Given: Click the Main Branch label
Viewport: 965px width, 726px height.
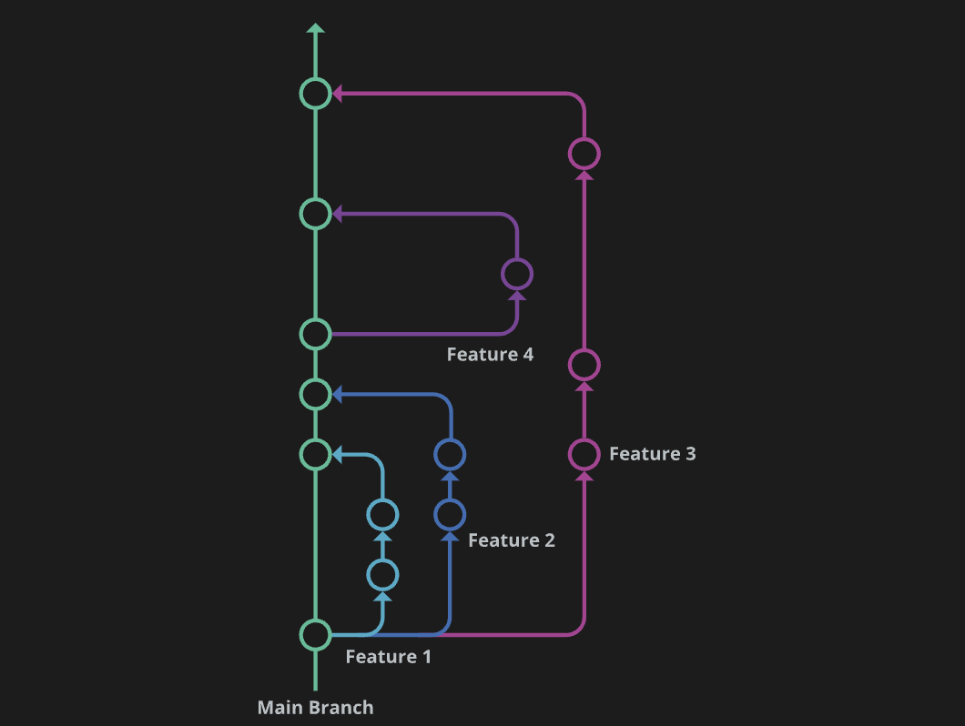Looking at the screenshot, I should pos(315,707).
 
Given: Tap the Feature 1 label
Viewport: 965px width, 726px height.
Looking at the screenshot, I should pos(388,656).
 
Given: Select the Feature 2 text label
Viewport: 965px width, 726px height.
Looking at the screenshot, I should pos(511,540).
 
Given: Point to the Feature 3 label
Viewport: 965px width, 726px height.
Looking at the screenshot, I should pos(652,453).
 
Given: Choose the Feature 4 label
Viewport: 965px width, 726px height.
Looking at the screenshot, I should pos(490,354).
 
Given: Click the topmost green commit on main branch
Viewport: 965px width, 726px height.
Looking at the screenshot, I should pos(315,93).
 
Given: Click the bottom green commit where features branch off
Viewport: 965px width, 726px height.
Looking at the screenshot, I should pos(315,634).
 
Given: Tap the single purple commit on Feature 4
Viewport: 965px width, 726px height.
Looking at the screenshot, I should pos(517,274).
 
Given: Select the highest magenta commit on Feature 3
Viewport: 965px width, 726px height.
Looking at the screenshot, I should pos(584,154).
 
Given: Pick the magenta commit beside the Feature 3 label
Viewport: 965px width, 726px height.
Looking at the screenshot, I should pos(584,453).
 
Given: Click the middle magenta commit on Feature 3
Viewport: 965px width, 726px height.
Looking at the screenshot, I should pos(584,365).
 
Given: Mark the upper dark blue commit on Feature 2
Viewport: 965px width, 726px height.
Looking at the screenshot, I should pos(450,454).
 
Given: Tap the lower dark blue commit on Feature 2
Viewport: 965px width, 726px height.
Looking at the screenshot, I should pos(450,515).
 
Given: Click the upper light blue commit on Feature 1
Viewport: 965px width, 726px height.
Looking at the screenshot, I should pos(382,515).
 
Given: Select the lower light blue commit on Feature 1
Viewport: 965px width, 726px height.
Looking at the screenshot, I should pos(382,575).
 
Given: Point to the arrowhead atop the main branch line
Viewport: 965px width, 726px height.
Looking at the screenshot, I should pos(315,29).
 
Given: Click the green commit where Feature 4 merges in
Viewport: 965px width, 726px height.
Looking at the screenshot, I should pos(315,214).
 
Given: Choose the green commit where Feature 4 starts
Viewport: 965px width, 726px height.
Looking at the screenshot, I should pos(315,334).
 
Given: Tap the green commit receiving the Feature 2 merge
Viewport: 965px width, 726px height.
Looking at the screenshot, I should pos(315,394).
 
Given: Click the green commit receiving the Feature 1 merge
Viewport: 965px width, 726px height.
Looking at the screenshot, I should pos(315,453).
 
